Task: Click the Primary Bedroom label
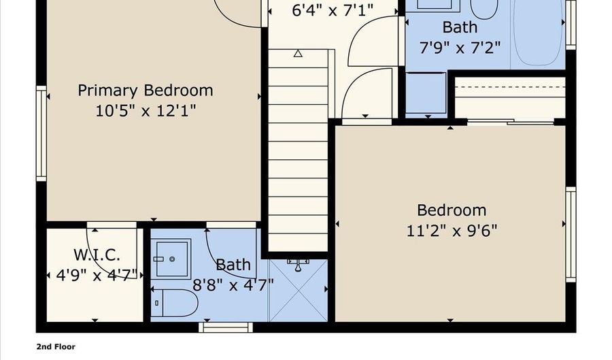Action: click(x=145, y=90)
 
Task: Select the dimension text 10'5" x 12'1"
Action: click(x=146, y=110)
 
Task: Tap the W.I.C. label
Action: click(x=97, y=255)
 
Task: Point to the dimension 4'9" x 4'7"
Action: click(x=97, y=275)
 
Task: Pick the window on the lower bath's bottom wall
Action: click(x=226, y=327)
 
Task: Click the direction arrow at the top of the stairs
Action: click(x=298, y=53)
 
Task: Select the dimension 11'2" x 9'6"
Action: click(x=452, y=230)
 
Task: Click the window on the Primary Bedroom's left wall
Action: click(x=41, y=134)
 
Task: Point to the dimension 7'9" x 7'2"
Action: click(x=460, y=48)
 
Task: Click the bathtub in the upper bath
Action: click(x=537, y=34)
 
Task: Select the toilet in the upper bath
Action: click(x=483, y=8)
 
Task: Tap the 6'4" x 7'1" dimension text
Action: click(x=324, y=11)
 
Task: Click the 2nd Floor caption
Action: click(x=56, y=346)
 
